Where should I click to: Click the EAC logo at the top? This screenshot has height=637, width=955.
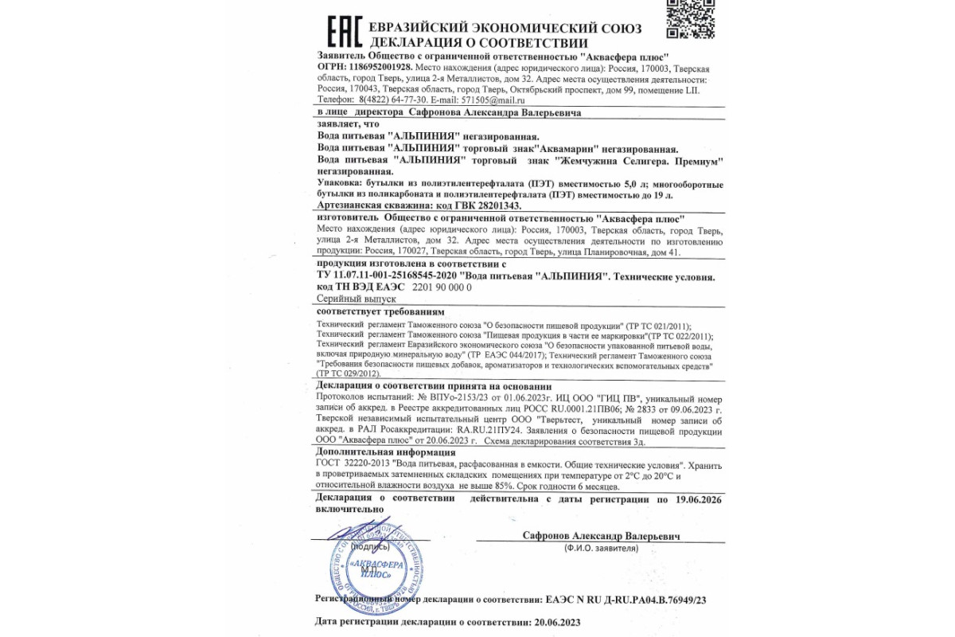pyautogui.click(x=344, y=31)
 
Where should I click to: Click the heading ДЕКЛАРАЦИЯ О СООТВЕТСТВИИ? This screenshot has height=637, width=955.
pyautogui.click(x=478, y=43)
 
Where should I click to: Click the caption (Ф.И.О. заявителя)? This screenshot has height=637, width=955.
pyautogui.click(x=602, y=549)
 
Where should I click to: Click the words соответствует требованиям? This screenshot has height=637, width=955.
pyautogui.click(x=380, y=311)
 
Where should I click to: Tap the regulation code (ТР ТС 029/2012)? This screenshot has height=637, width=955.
pyautogui.click(x=349, y=373)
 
